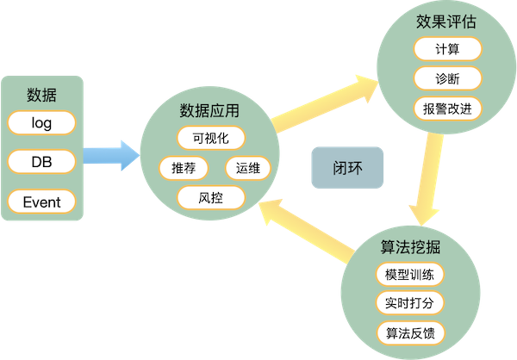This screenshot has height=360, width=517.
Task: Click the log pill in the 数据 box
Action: coord(41,123)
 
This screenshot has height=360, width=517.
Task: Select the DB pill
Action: coord(41,163)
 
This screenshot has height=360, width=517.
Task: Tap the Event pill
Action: coord(41,202)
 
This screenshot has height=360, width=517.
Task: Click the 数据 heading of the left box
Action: coord(41,92)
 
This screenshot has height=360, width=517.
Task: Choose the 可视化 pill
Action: coord(211,137)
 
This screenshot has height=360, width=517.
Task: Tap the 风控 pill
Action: coord(211,198)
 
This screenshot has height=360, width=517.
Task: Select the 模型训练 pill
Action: coord(410,275)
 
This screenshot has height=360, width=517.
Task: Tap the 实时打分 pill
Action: coord(410,303)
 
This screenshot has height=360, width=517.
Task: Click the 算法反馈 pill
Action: coord(410,332)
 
